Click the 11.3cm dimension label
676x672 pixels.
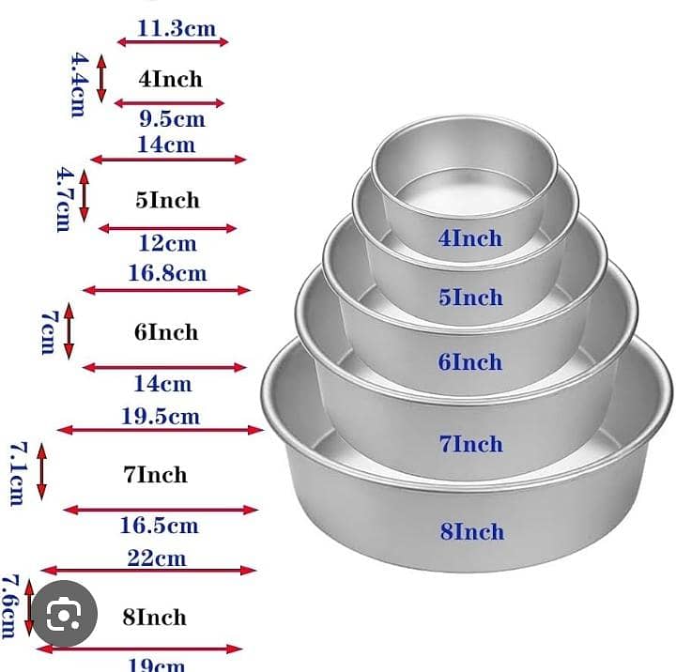coord(177,28)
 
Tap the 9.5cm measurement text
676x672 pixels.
coord(173,118)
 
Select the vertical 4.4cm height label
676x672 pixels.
coord(79,84)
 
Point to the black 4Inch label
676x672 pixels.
coord(170,80)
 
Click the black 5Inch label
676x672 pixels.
coord(168,200)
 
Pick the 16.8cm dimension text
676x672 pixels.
coord(168,273)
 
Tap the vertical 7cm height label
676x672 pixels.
coord(49,332)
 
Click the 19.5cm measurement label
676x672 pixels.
coord(161,417)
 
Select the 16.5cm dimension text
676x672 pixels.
coord(160,526)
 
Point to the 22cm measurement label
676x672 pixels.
coord(157,558)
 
